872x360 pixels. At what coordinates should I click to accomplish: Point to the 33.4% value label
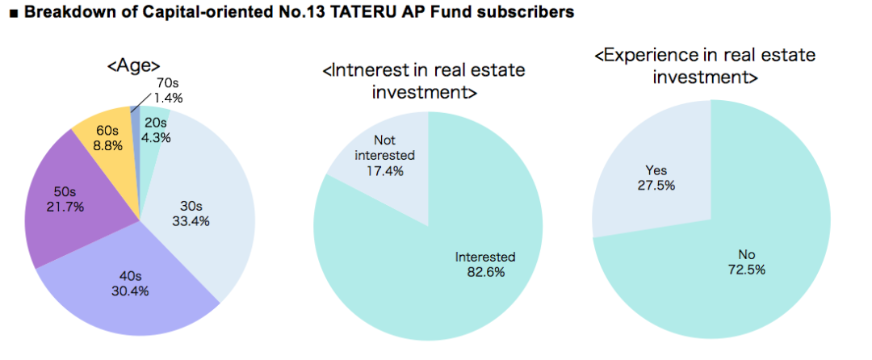[191, 222]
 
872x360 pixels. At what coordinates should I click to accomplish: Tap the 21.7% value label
[65, 207]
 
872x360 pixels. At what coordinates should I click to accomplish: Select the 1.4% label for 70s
[169, 98]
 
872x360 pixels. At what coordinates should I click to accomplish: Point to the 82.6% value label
[485, 273]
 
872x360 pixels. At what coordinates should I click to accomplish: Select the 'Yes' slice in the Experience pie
[656, 172]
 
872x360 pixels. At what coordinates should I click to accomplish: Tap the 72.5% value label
[747, 270]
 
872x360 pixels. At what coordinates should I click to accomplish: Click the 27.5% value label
[656, 185]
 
